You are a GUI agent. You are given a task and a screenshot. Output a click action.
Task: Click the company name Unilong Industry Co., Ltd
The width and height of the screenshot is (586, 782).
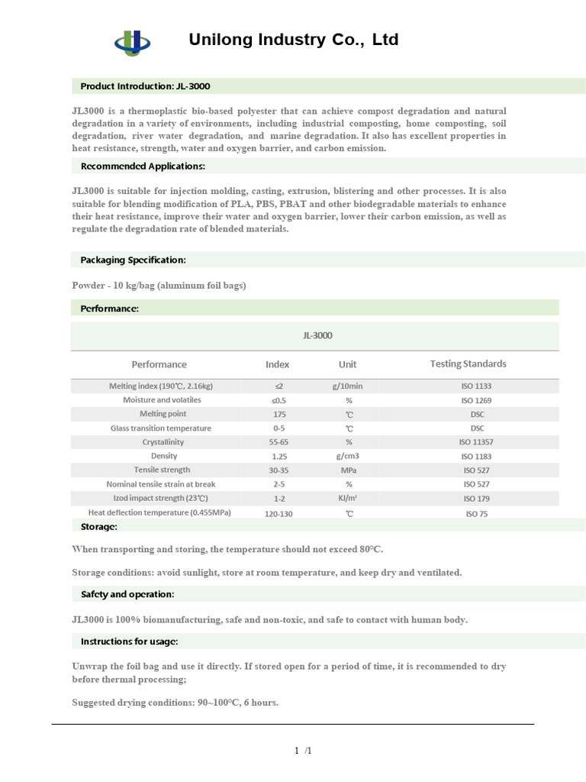(x=294, y=40)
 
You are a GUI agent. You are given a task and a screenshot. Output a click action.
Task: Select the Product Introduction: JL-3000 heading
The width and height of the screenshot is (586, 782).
(x=145, y=86)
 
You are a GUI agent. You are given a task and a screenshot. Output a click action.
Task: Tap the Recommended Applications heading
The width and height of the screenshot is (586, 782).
(x=143, y=166)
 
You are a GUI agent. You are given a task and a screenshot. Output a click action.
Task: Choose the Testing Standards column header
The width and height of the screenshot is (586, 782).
(x=468, y=364)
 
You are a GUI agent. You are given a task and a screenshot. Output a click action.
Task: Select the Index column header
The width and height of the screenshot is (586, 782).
(x=277, y=364)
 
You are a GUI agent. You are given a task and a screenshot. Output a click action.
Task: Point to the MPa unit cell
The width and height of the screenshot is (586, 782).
(x=348, y=470)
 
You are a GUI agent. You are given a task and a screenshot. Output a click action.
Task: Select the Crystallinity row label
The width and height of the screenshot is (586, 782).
(x=163, y=442)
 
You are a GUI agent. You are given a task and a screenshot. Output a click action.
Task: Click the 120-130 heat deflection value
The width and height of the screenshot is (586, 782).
(x=278, y=513)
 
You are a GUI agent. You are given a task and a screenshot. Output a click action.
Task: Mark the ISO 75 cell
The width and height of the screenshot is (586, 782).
(x=477, y=514)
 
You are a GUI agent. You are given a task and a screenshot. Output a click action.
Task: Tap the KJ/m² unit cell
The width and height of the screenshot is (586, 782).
(x=348, y=498)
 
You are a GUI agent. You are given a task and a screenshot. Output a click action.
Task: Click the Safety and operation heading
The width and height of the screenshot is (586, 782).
(x=127, y=593)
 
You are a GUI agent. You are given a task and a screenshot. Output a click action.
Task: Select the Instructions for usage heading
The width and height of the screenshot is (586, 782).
(x=129, y=641)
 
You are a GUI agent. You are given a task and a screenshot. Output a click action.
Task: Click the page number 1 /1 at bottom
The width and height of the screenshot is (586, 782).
(x=303, y=751)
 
